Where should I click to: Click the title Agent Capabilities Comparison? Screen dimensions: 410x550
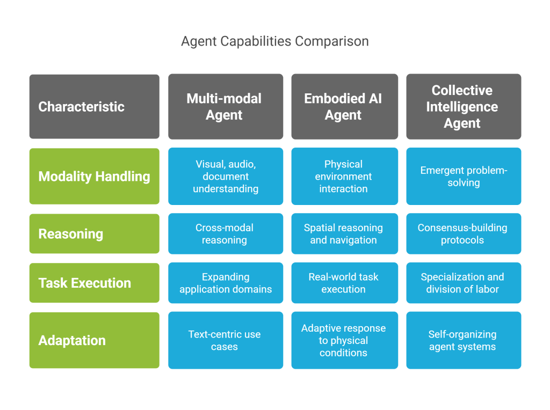(x=274, y=41)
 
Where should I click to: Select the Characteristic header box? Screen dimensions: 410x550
(x=94, y=106)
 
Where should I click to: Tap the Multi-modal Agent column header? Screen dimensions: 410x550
(x=225, y=106)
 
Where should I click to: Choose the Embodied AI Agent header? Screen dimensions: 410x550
(x=344, y=106)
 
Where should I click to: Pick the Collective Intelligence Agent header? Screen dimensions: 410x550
(x=463, y=106)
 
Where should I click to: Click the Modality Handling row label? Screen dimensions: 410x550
(x=94, y=176)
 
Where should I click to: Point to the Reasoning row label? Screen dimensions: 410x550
(x=94, y=233)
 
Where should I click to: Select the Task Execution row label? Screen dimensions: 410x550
(x=94, y=283)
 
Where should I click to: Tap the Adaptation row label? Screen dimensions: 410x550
(x=94, y=340)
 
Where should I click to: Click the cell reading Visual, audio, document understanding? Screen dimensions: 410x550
(x=225, y=176)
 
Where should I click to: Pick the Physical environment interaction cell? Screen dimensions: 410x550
(x=344, y=176)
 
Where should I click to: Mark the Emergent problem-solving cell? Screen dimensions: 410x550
(x=463, y=176)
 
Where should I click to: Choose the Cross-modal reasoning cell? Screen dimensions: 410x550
(x=225, y=233)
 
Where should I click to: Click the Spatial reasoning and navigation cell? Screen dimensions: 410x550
(x=344, y=233)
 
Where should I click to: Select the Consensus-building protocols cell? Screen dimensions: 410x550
(x=463, y=233)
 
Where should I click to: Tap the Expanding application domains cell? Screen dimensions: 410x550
(x=225, y=283)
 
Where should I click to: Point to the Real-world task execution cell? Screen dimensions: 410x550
(x=344, y=283)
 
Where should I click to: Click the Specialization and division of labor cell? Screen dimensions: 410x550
(x=463, y=283)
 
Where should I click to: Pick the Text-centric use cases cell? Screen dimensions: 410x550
(x=225, y=340)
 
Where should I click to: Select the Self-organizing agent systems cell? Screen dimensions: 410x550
(x=463, y=340)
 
